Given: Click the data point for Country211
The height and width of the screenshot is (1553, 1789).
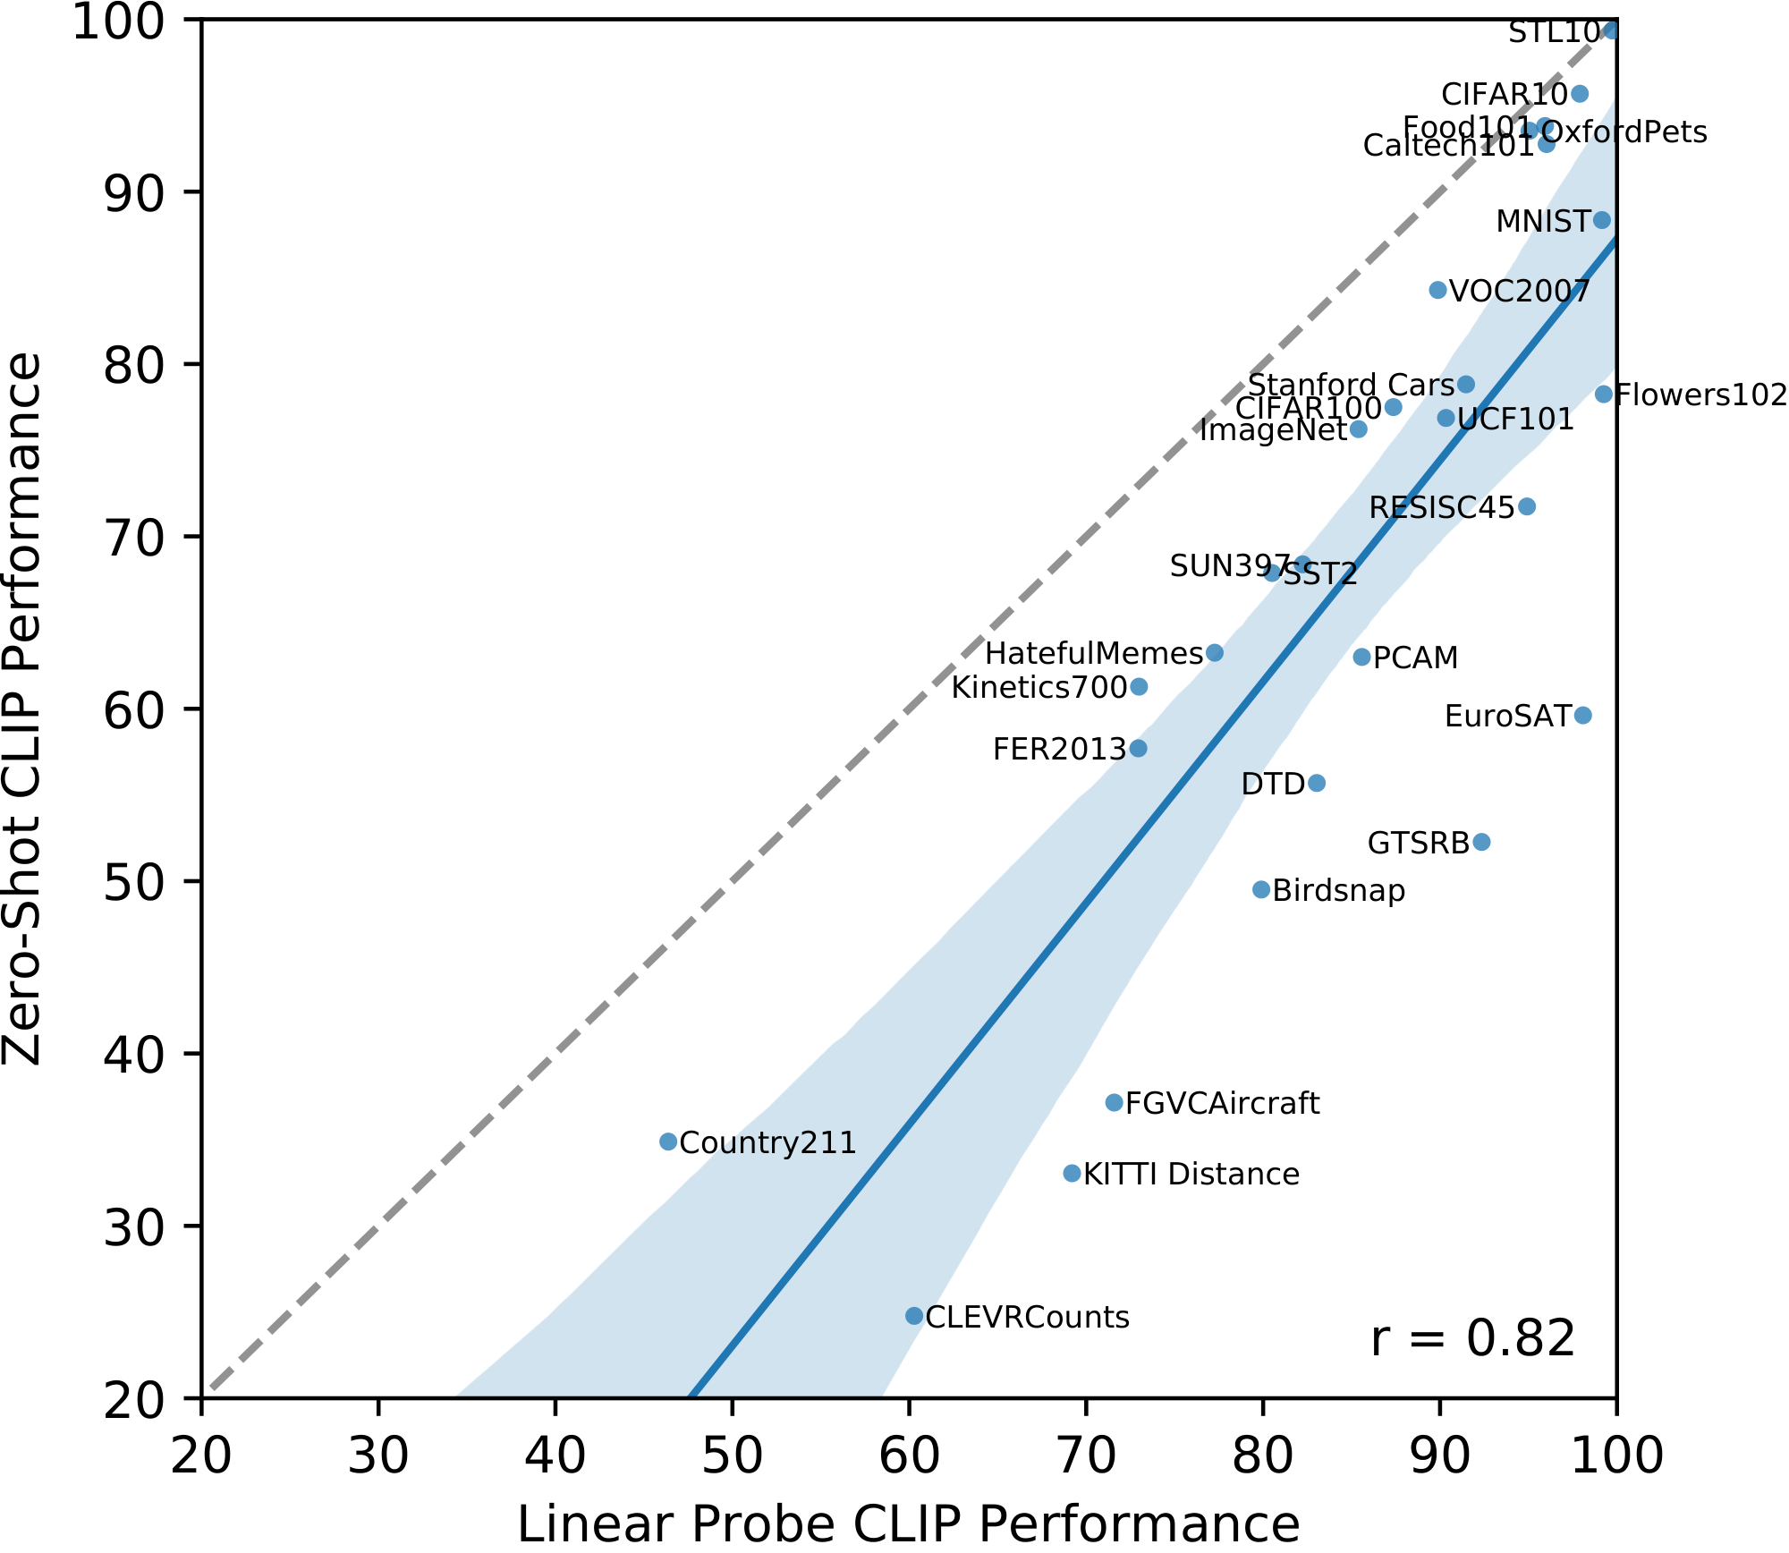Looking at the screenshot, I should pyautogui.click(x=668, y=1141).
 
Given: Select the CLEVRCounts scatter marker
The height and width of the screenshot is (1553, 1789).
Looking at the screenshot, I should pyautogui.click(x=914, y=1316).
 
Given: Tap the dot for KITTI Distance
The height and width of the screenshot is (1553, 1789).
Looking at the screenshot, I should pyautogui.click(x=1073, y=1173).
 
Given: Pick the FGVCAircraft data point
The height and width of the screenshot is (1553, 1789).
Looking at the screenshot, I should pyautogui.click(x=1115, y=1103).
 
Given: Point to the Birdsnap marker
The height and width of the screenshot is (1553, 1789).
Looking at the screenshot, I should pyautogui.click(x=1261, y=889).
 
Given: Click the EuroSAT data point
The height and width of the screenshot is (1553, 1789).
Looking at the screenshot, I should pyautogui.click(x=1582, y=715).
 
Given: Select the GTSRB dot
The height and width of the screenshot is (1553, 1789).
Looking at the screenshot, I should pyautogui.click(x=1481, y=842).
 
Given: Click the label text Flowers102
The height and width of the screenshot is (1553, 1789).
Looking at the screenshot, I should pyautogui.click(x=1700, y=395).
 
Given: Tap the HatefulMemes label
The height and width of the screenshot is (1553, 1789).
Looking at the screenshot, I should pyautogui.click(x=1093, y=654).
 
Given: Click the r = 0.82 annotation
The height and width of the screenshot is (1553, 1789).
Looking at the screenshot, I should pyautogui.click(x=1472, y=1339).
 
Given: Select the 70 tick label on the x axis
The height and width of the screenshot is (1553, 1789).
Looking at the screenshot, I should pyautogui.click(x=1086, y=1456).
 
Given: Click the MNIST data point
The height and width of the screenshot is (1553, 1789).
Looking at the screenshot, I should pyautogui.click(x=1601, y=220).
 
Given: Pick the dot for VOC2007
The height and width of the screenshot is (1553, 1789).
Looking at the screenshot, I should pyautogui.click(x=1437, y=290).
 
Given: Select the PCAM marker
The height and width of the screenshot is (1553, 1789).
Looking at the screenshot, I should pyautogui.click(x=1361, y=658).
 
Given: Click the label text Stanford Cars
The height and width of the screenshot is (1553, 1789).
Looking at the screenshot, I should pyautogui.click(x=1351, y=386).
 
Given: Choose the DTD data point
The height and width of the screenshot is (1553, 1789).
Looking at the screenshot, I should pyautogui.click(x=1317, y=784).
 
